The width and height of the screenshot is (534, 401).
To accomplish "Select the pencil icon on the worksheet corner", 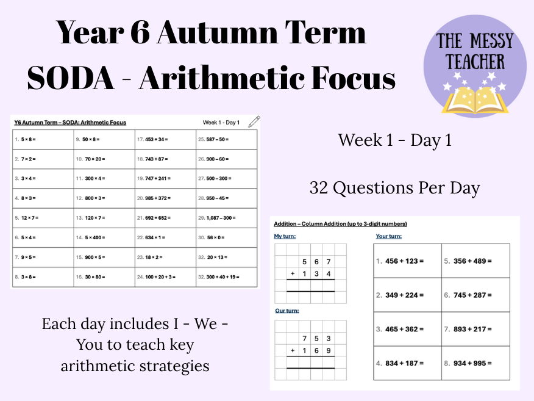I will pyautogui.click(x=254, y=121).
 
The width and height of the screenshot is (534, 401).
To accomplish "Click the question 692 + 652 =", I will pyautogui.click(x=156, y=217).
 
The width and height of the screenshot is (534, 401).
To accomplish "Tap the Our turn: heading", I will pyautogui.click(x=287, y=311).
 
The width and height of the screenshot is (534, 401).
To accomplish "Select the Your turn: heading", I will pyautogui.click(x=388, y=236).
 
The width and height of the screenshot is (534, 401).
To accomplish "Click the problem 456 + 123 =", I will pyautogui.click(x=404, y=261).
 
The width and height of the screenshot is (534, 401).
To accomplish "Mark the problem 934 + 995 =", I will pyautogui.click(x=472, y=364).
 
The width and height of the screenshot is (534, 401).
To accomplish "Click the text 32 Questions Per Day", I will pyautogui.click(x=394, y=188).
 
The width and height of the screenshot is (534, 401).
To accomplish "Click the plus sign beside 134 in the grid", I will pyautogui.click(x=293, y=273).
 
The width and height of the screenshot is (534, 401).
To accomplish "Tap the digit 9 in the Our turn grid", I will pyautogui.click(x=328, y=350).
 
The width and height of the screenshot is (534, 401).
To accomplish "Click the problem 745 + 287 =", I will pyautogui.click(x=472, y=295).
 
